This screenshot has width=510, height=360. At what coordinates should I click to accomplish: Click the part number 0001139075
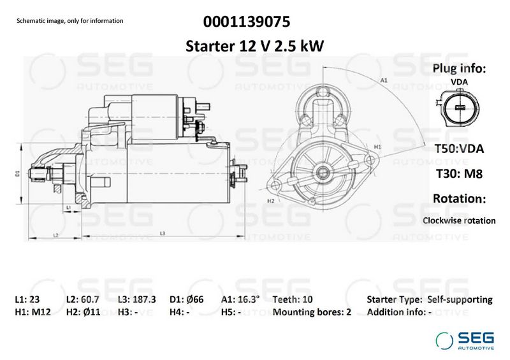pyautogui.click(x=247, y=22)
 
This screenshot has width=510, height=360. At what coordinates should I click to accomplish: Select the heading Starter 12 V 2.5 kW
pyautogui.click(x=254, y=46)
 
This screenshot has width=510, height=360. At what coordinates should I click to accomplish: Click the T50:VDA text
pyautogui.click(x=459, y=148)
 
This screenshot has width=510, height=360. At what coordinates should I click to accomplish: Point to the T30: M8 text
pyautogui.click(x=459, y=173)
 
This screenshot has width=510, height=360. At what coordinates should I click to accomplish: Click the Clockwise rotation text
pyautogui.click(x=459, y=220)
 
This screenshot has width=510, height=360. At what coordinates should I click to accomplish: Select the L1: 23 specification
pyautogui.click(x=27, y=299)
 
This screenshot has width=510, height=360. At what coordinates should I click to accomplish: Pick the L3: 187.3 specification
pyautogui.click(x=137, y=299)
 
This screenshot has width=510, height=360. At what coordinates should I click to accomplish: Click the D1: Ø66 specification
pyautogui.click(x=186, y=299)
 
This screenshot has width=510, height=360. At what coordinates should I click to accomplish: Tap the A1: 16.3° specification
pyautogui.click(x=240, y=299)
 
